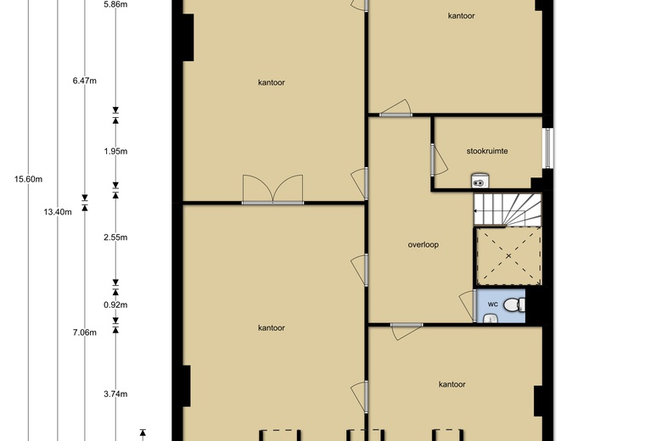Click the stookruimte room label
(x=487, y=151)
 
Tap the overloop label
(x=423, y=245)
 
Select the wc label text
(x=493, y=304)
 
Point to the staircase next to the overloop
(x=508, y=209)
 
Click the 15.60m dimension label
(x=28, y=179)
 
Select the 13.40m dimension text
(x=58, y=212)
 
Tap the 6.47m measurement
(x=84, y=81)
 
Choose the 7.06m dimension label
(x=84, y=332)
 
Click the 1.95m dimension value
(x=115, y=152)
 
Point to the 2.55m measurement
(x=115, y=237)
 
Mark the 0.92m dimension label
(x=115, y=304)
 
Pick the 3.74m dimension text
(x=115, y=394)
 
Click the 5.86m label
(x=115, y=5)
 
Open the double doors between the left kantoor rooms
(x=272, y=190)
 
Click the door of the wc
(x=468, y=305)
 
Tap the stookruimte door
(x=439, y=159)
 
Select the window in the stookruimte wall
(x=547, y=148)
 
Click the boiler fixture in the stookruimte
(x=480, y=180)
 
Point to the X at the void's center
(x=508, y=256)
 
